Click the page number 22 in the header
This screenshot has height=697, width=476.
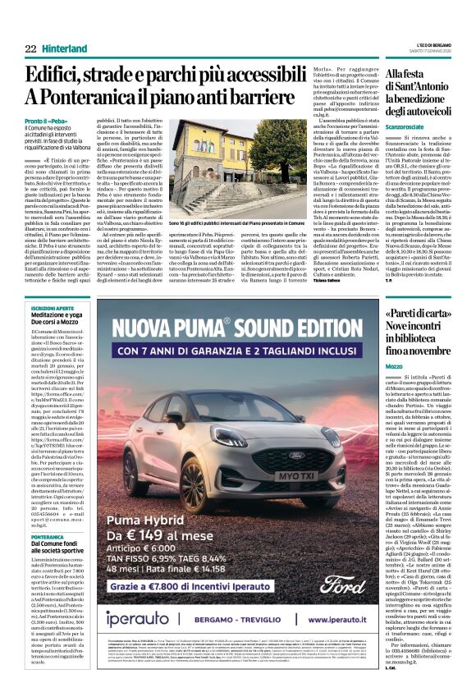point(30,49)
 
